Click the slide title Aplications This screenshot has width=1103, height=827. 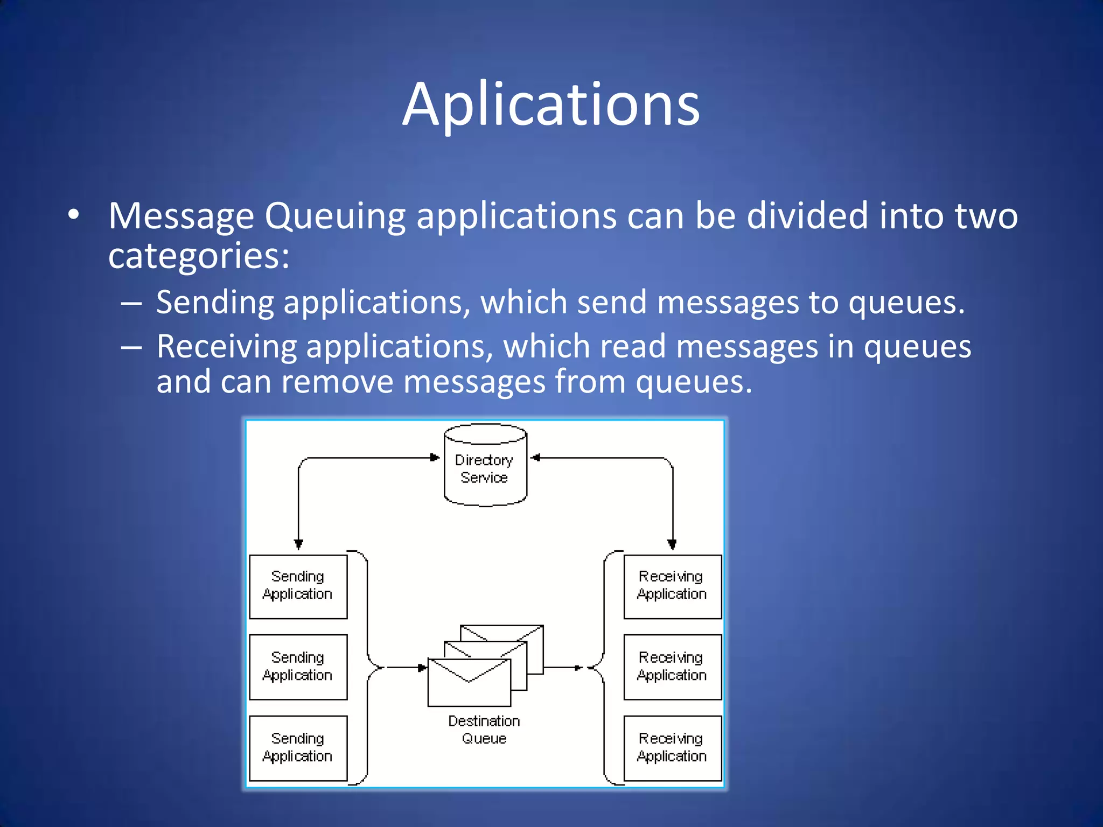(551, 105)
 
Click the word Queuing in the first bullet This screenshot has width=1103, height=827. (334, 216)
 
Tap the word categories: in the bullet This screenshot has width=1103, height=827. (199, 256)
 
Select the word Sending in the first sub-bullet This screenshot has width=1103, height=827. (215, 302)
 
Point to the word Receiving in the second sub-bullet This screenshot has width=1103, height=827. (226, 346)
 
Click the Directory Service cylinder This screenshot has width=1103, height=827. (485, 466)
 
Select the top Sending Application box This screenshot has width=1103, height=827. (298, 586)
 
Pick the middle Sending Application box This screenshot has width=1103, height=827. (298, 667)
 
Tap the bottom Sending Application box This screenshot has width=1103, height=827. (298, 748)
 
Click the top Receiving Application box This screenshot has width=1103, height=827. (672, 586)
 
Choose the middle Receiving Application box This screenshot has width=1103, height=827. (672, 667)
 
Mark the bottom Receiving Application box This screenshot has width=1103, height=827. (672, 748)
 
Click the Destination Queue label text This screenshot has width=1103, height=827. (484, 730)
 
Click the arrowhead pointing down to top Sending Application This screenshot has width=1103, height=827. (298, 544)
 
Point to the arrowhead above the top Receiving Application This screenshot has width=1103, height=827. (672, 544)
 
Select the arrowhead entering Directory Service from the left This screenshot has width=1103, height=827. (435, 458)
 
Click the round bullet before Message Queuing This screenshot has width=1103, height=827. (74, 215)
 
